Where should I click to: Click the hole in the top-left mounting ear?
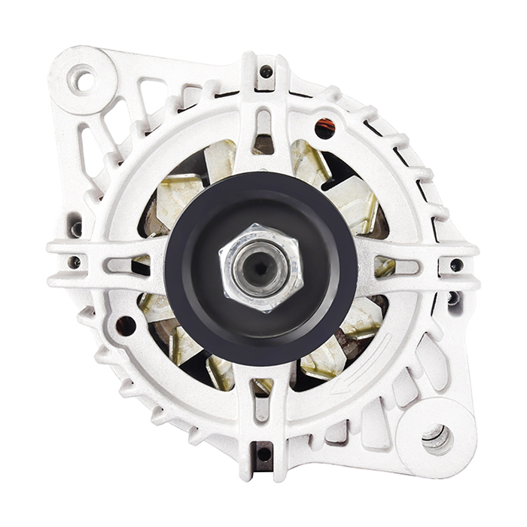[81, 78]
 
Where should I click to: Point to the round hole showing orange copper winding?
[325, 128]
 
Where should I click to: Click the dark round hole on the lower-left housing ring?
[126, 326]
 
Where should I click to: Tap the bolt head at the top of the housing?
[266, 72]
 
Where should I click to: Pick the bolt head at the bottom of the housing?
[263, 454]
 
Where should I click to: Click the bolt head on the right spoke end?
[456, 265]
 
